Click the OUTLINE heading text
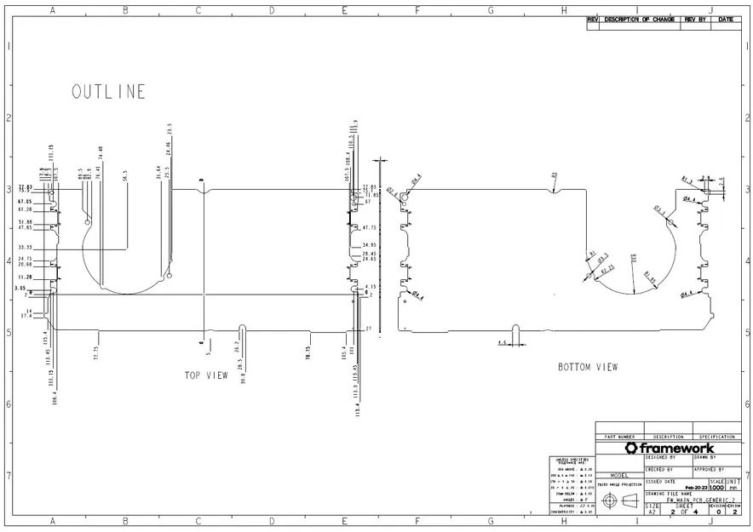click(108, 92)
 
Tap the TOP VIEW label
click(206, 375)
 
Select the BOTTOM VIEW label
click(588, 368)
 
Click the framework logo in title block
click(669, 448)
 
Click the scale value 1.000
click(716, 488)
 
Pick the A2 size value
click(652, 512)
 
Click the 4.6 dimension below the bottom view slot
click(503, 343)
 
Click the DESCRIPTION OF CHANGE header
click(640, 19)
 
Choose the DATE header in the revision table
click(726, 19)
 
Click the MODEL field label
click(619, 476)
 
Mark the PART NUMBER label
click(619, 437)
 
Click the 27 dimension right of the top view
click(369, 329)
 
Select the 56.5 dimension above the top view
click(125, 176)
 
